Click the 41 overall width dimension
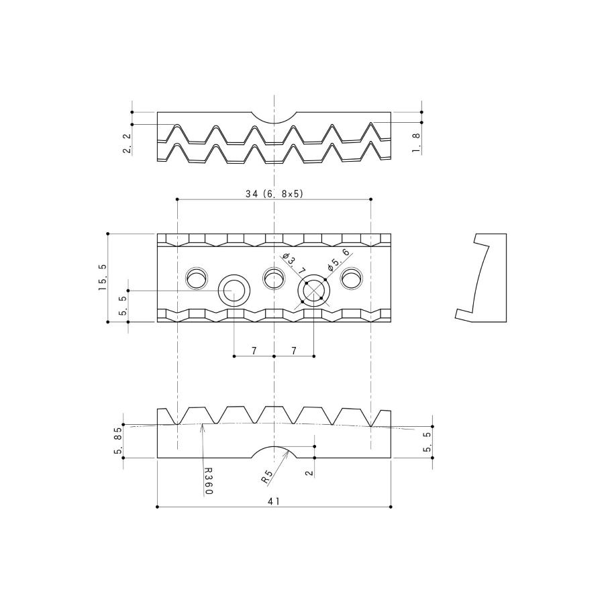(x=274, y=501)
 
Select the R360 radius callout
(x=208, y=481)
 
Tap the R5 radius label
(x=266, y=476)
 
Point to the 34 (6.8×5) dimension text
(x=274, y=194)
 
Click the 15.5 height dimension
(x=103, y=277)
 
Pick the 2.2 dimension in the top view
(x=127, y=144)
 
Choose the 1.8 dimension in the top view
(x=416, y=143)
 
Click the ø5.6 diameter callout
(x=338, y=259)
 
